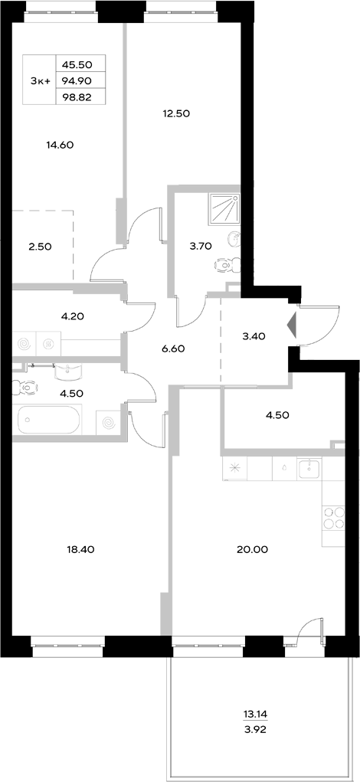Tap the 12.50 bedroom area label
pyautogui.click(x=175, y=113)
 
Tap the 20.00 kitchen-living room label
pyautogui.click(x=252, y=549)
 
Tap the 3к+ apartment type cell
pyautogui.click(x=39, y=80)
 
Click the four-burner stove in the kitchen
pyautogui.click(x=334, y=518)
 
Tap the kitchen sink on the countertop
pyautogui.click(x=309, y=467)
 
